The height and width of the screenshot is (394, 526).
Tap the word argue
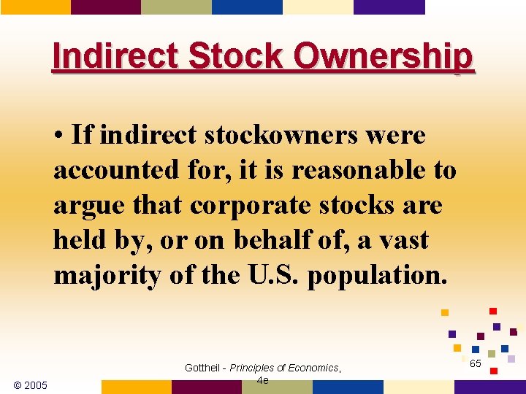tap(83, 205)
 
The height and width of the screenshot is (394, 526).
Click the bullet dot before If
tap(58, 136)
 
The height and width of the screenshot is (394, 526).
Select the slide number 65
tap(475, 363)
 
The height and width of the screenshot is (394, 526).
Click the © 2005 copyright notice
tap(31, 385)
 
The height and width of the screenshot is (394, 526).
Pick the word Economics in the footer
tap(313, 368)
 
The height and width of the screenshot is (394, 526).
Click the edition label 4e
tap(263, 380)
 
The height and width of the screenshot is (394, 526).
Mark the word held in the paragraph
tap(79, 239)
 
